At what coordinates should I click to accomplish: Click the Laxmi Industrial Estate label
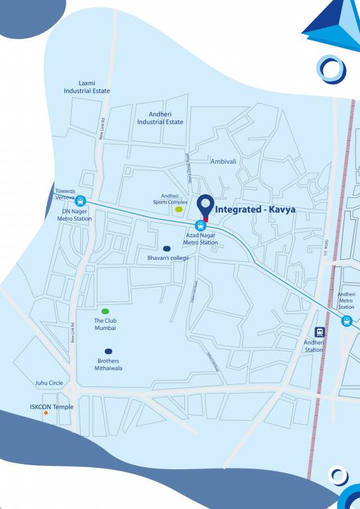(86, 87)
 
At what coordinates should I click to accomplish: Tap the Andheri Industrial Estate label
(160, 118)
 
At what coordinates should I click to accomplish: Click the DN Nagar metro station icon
(81, 201)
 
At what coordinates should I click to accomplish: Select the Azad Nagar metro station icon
(200, 225)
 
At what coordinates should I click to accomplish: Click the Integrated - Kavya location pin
(206, 206)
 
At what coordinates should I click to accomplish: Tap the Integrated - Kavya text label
(255, 209)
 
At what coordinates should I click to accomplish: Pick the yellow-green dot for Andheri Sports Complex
(178, 209)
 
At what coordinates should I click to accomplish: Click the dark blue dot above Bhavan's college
(167, 249)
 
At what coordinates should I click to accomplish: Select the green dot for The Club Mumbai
(105, 311)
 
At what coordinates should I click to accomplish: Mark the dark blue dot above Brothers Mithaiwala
(108, 351)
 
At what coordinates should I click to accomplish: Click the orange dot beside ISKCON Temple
(46, 414)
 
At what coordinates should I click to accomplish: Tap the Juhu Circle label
(49, 383)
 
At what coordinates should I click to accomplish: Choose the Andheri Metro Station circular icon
(346, 321)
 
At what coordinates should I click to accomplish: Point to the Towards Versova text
(65, 194)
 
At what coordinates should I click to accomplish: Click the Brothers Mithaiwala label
(108, 365)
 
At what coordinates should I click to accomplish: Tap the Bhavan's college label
(168, 258)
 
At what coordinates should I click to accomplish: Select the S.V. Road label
(326, 247)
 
